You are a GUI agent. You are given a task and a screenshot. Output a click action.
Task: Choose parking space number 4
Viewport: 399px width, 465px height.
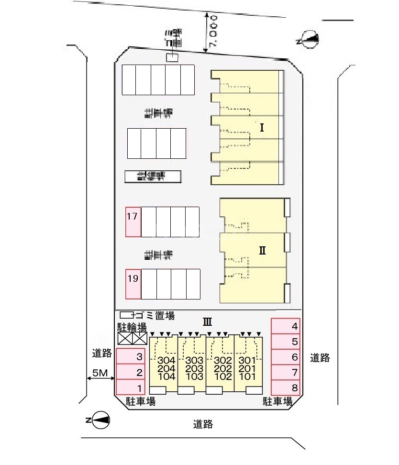[x=286, y=327]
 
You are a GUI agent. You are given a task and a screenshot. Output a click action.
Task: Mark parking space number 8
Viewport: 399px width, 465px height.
[x=286, y=388]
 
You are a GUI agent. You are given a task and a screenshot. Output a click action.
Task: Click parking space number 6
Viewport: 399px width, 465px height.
[x=286, y=357]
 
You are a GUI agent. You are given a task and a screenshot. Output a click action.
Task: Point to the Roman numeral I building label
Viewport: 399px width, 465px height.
[x=262, y=128]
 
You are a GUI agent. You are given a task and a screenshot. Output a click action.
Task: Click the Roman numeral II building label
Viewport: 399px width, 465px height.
[x=262, y=250]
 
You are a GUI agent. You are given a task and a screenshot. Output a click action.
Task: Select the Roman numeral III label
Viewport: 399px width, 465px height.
[x=207, y=321]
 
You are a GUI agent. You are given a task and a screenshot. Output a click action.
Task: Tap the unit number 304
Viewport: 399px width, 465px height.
[x=166, y=360]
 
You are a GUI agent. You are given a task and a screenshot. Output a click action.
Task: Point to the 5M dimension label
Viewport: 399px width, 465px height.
[x=100, y=373]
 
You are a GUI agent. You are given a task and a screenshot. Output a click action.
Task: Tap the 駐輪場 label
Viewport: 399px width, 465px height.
[x=132, y=327]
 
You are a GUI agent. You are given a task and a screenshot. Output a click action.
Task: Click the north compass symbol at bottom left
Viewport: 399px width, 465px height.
[x=100, y=420]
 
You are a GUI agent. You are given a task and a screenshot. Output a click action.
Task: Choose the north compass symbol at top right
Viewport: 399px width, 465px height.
[x=307, y=40]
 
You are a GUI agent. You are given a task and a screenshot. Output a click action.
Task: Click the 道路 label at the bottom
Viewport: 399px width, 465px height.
[x=203, y=424]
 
